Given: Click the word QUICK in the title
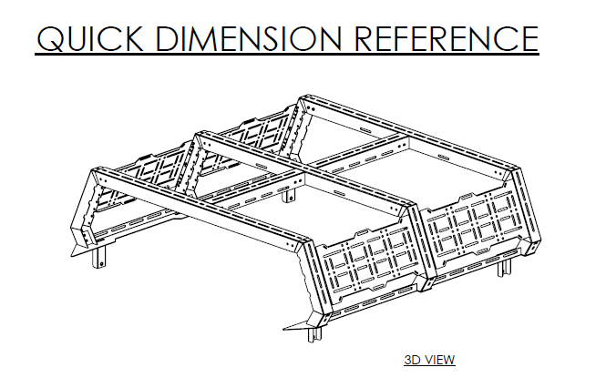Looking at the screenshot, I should [87, 37].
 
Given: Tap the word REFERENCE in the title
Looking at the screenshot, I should [445, 37].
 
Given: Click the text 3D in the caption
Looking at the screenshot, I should [413, 360].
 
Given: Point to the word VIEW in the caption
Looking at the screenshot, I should [439, 360].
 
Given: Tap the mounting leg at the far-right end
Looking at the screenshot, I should [504, 267].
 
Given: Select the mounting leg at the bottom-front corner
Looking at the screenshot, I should [314, 330].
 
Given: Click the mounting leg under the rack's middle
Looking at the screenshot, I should [291, 194].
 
